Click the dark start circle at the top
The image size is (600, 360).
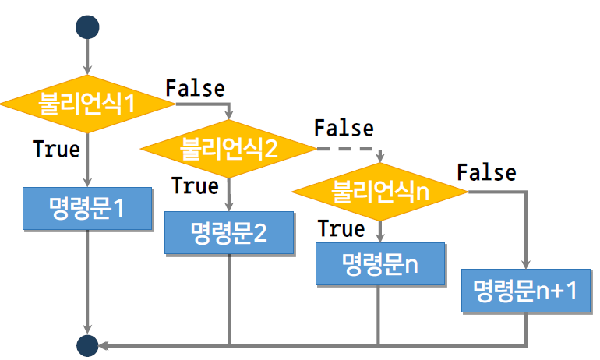point(87,26)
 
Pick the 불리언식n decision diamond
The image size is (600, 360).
point(380,189)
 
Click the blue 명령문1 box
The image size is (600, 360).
point(87,209)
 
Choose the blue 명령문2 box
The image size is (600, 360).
point(229,232)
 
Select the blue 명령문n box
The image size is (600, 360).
point(380,263)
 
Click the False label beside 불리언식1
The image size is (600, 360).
point(195,88)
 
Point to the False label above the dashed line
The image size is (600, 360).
point(344,127)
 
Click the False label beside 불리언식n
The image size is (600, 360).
point(486,171)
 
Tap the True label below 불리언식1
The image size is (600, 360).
point(57,148)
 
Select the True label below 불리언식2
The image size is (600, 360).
point(195,186)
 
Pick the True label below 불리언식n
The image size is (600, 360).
point(341,228)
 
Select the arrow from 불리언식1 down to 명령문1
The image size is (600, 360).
point(87,160)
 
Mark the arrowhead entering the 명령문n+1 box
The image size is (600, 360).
point(525,263)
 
